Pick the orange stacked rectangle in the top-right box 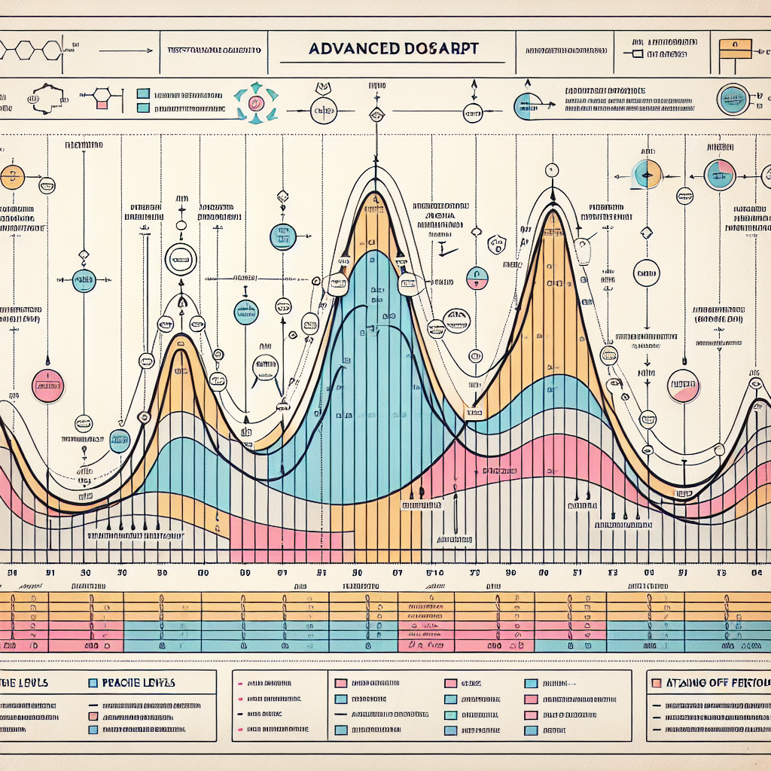pos(736,50)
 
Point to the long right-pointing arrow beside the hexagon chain pos(113,51)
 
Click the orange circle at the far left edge pos(12,178)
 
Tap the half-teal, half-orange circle pos(647,174)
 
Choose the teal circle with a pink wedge pos(719,175)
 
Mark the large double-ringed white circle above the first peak pos(181,260)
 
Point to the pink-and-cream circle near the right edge pos(684,385)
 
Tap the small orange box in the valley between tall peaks pos(474,412)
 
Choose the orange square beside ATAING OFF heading pos(655,682)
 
